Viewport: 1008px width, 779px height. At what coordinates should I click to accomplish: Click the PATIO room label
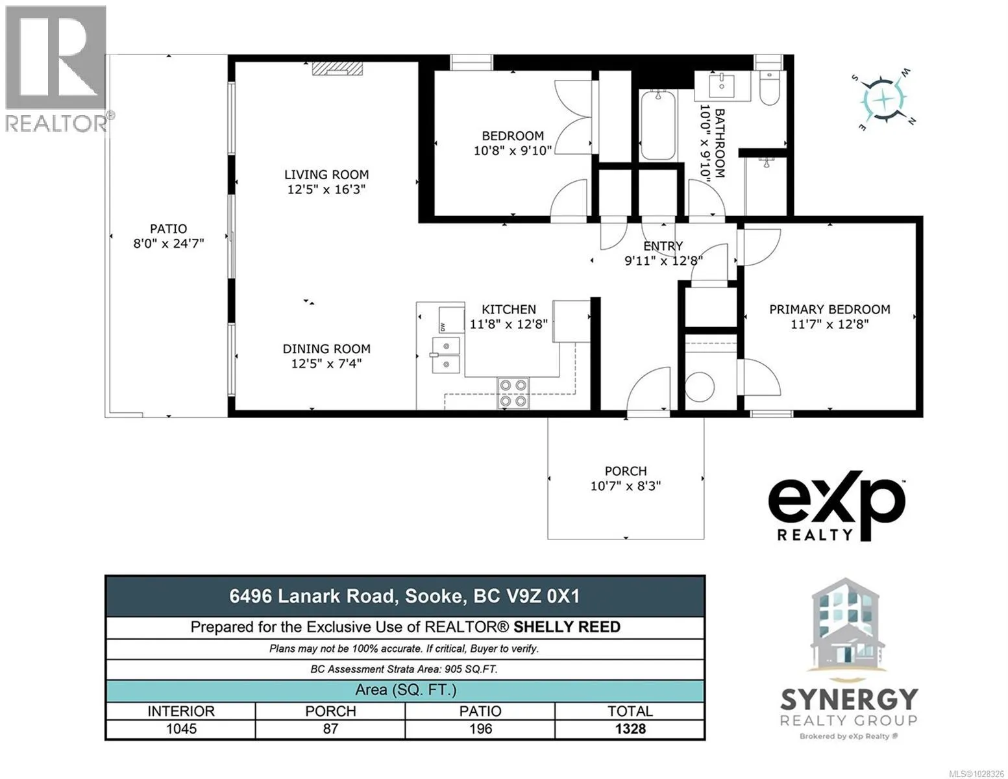point(168,229)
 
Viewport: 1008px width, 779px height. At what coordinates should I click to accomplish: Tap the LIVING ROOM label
point(326,175)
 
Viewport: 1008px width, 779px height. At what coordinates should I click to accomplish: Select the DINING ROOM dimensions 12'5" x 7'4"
point(326,364)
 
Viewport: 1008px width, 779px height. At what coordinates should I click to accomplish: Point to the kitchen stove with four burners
point(513,393)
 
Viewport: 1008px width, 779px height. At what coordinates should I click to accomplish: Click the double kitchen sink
point(447,355)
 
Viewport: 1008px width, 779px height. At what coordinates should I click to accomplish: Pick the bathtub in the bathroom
point(658,125)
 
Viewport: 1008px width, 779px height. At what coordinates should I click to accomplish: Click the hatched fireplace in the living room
point(337,69)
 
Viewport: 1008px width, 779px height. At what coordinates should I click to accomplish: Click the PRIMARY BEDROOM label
point(830,310)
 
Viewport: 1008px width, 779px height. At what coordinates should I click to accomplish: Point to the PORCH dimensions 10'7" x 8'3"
point(625,486)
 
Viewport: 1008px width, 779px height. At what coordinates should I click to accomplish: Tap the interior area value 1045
point(181,728)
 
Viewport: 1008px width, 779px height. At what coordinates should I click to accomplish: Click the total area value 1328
point(630,728)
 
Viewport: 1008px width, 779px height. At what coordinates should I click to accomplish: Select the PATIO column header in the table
point(480,711)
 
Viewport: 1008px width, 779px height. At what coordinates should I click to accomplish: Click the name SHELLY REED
point(567,627)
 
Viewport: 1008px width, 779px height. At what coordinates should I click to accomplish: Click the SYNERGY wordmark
point(849,699)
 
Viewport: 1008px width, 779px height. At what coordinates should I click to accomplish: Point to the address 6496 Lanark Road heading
point(313,596)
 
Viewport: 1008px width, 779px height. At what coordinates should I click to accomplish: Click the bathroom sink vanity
point(722,86)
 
